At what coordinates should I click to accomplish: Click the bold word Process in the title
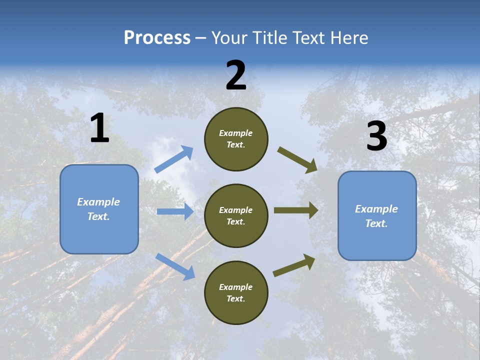click(157, 38)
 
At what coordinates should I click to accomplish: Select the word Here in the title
click(349, 38)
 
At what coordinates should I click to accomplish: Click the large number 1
click(99, 128)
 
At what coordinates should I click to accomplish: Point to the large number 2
click(236, 75)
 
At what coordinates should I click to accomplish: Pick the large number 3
click(376, 136)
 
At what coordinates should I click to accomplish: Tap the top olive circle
click(236, 139)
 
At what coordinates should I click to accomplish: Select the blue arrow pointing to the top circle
click(174, 159)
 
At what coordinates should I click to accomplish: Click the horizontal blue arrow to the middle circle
click(175, 211)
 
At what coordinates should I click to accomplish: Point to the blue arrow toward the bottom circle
click(175, 266)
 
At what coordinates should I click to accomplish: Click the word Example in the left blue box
click(98, 202)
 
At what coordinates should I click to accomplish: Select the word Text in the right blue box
click(375, 223)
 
